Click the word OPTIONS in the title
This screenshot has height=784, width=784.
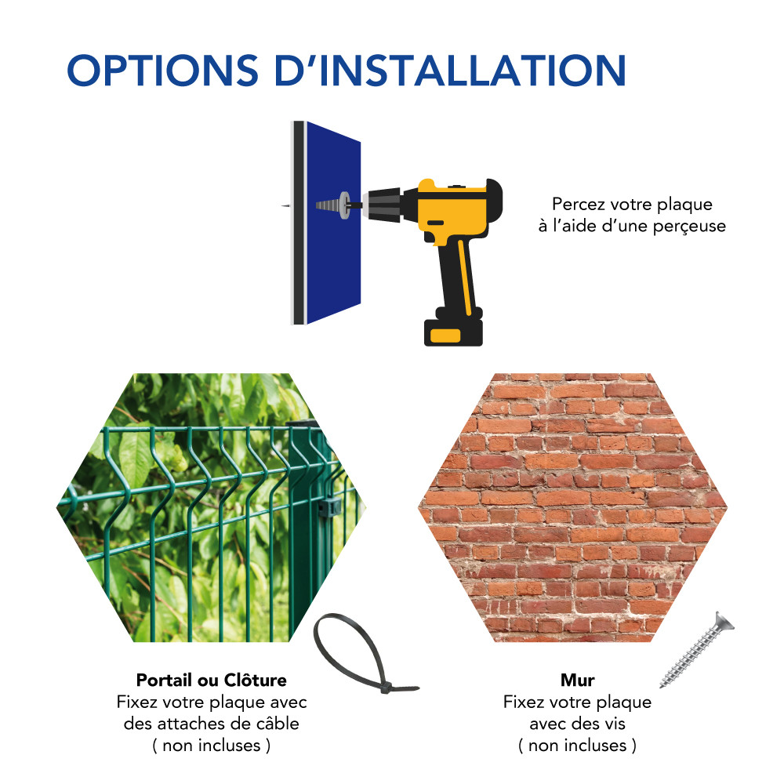162,70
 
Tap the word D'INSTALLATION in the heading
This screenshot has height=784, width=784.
450,70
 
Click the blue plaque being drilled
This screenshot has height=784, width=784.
333,223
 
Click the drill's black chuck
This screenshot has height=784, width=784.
385,204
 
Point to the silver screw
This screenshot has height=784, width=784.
696,650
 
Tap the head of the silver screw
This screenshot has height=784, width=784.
724,622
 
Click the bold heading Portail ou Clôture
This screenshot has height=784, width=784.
212,680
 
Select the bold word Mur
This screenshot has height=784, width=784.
578,680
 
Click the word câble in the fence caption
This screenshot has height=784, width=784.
278,724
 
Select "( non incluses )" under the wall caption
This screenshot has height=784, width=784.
578,746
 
